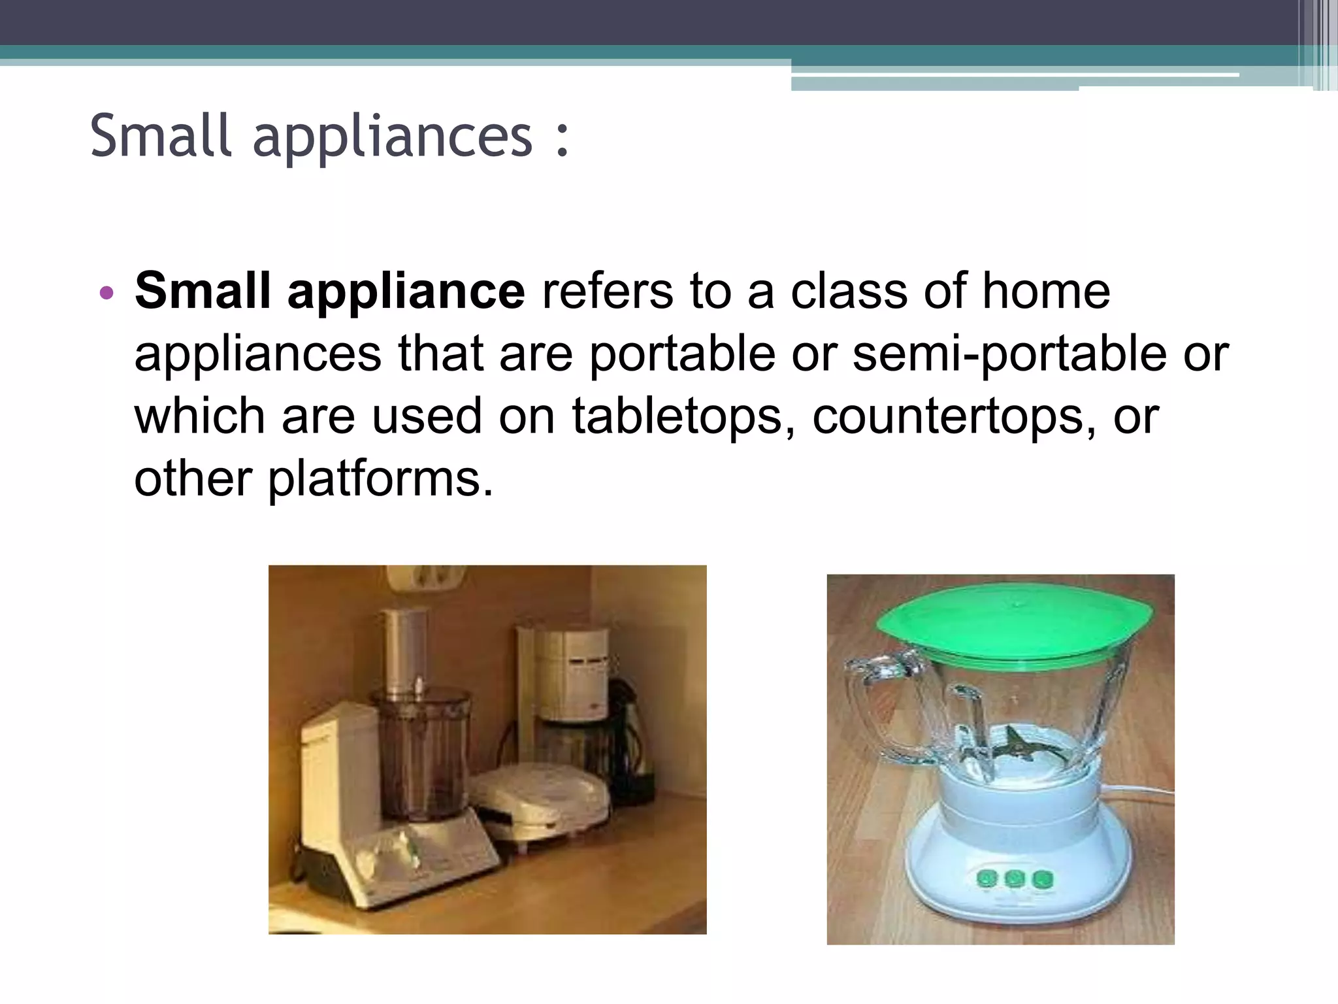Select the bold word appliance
pyautogui.click(x=406, y=292)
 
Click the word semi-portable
pyautogui.click(x=1009, y=354)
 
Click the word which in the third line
pyautogui.click(x=199, y=416)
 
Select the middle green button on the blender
pyautogui.click(x=1014, y=878)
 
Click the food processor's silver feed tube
pyautogui.click(x=405, y=650)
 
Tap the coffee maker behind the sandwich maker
pyautogui.click(x=568, y=686)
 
